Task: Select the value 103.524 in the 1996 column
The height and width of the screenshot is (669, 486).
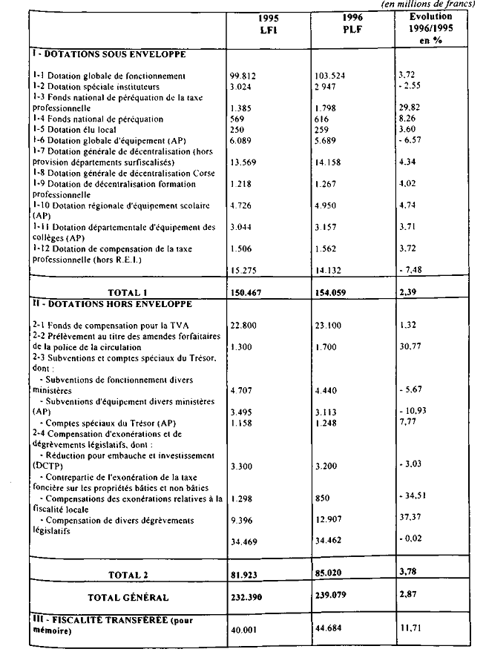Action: click(x=331, y=76)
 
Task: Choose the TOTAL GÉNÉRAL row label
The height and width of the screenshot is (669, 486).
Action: click(x=128, y=597)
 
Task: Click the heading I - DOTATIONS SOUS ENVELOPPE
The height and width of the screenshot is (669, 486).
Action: click(x=108, y=55)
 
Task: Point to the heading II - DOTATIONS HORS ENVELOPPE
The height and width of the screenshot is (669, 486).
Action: click(x=111, y=304)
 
